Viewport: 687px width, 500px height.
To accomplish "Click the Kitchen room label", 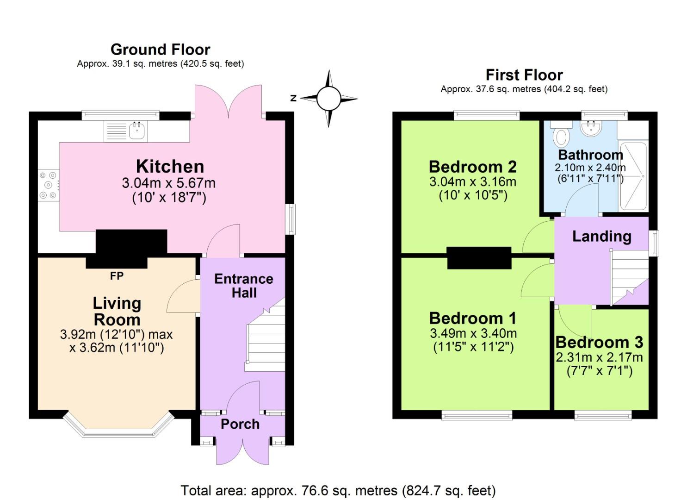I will [x=169, y=166].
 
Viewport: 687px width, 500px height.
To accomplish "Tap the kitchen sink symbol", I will [x=137, y=130].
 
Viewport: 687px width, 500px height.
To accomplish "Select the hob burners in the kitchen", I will [x=48, y=185].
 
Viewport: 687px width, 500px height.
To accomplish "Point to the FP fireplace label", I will [x=117, y=276].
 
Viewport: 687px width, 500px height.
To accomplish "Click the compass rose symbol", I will [x=328, y=98].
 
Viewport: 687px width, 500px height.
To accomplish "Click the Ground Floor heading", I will [x=160, y=49].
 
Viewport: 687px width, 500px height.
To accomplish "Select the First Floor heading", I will [x=524, y=75].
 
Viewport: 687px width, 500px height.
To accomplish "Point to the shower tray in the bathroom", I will [x=633, y=176].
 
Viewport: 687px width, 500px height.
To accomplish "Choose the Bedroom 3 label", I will [x=599, y=342].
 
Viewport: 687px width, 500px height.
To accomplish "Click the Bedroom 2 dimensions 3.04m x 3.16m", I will [x=472, y=181].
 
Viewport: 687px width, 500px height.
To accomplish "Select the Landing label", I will [x=601, y=236].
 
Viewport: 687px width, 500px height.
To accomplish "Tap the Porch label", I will [x=240, y=424].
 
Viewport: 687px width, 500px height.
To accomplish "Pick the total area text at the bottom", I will [x=338, y=490].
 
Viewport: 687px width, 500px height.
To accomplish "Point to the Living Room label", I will [x=117, y=311].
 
